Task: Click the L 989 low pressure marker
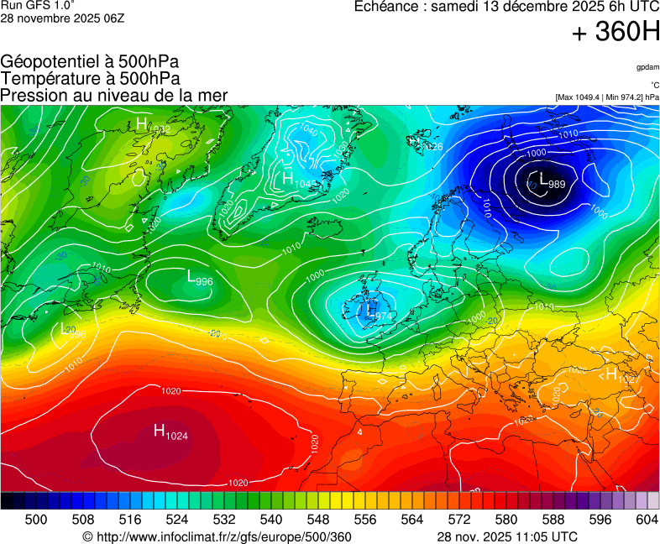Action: [551, 181]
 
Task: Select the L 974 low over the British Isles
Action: [375, 312]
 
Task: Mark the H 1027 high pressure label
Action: [622, 375]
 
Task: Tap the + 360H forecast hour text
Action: [615, 33]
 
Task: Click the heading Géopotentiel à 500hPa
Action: [90, 62]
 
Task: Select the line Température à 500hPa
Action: [90, 78]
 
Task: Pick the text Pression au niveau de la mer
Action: [114, 95]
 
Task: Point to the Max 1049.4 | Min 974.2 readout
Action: [607, 97]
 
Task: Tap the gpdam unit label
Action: [647, 67]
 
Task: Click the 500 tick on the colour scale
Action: [36, 520]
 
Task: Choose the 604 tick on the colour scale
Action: [647, 520]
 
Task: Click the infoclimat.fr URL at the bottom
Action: [217, 536]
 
